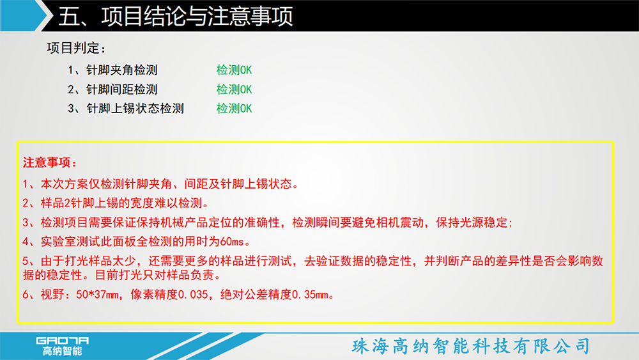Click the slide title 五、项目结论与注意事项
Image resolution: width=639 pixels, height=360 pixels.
coord(176,17)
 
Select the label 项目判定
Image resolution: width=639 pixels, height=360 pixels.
coord(73,48)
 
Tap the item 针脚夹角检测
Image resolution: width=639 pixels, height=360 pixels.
coord(121,70)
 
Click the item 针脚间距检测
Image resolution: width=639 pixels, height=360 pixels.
coord(121,90)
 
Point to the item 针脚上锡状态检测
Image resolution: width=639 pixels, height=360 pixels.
coord(135,109)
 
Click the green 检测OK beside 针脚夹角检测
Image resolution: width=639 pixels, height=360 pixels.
coord(234,70)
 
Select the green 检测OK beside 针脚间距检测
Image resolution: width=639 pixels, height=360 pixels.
coord(234,90)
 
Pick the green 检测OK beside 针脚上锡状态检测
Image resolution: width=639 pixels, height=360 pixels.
coord(234,109)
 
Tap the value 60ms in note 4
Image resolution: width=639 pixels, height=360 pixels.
coord(232,242)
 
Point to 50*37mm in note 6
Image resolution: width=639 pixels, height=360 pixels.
coord(97,294)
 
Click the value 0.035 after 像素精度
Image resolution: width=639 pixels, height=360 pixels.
coord(194,294)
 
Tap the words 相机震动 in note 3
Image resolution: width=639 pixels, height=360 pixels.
coord(399,223)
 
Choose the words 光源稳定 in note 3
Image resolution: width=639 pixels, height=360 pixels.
coord(484,223)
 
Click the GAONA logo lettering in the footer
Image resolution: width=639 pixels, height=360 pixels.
coord(63,340)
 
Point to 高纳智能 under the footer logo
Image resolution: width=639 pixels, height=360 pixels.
coord(63,351)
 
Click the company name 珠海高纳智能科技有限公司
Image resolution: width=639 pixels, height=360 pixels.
coord(471,346)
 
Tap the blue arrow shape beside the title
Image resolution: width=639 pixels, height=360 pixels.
coord(24,15)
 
